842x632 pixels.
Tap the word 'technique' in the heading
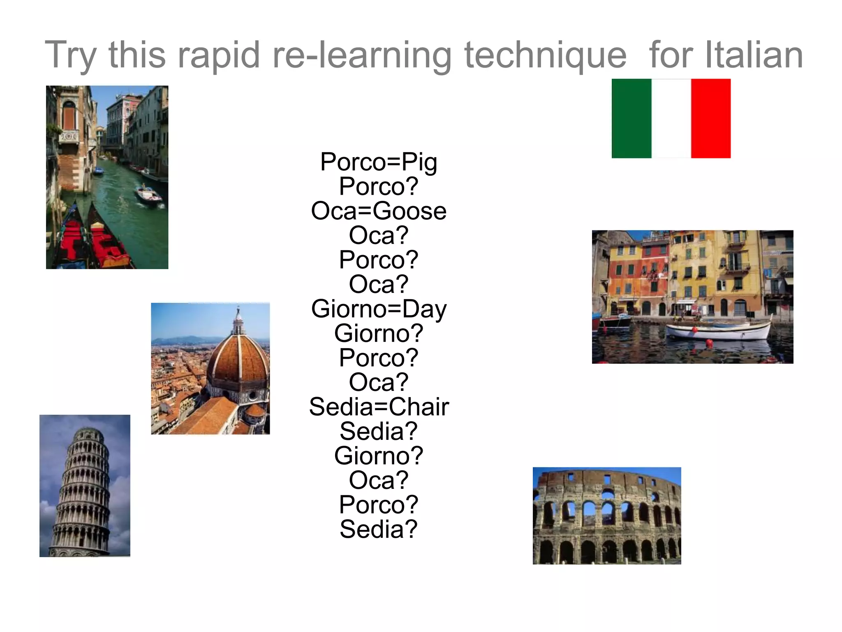[x=545, y=56]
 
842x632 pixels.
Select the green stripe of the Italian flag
[x=631, y=118]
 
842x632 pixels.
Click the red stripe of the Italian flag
[x=710, y=118]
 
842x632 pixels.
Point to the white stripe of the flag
[x=671, y=118]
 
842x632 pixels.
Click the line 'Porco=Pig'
[x=379, y=162]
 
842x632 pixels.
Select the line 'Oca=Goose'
[x=379, y=211]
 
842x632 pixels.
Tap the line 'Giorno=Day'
[x=379, y=309]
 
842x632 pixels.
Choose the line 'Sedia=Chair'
[x=379, y=407]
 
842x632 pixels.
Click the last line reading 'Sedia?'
[x=379, y=529]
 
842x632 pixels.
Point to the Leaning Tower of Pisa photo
[x=85, y=486]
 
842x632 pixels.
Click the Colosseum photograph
[x=606, y=516]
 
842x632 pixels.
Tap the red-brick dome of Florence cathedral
[x=238, y=362]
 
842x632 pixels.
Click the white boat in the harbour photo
[x=717, y=330]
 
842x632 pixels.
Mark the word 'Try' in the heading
[x=70, y=56]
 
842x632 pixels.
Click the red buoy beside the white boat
[x=709, y=342]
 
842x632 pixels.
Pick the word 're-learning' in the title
[x=362, y=56]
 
